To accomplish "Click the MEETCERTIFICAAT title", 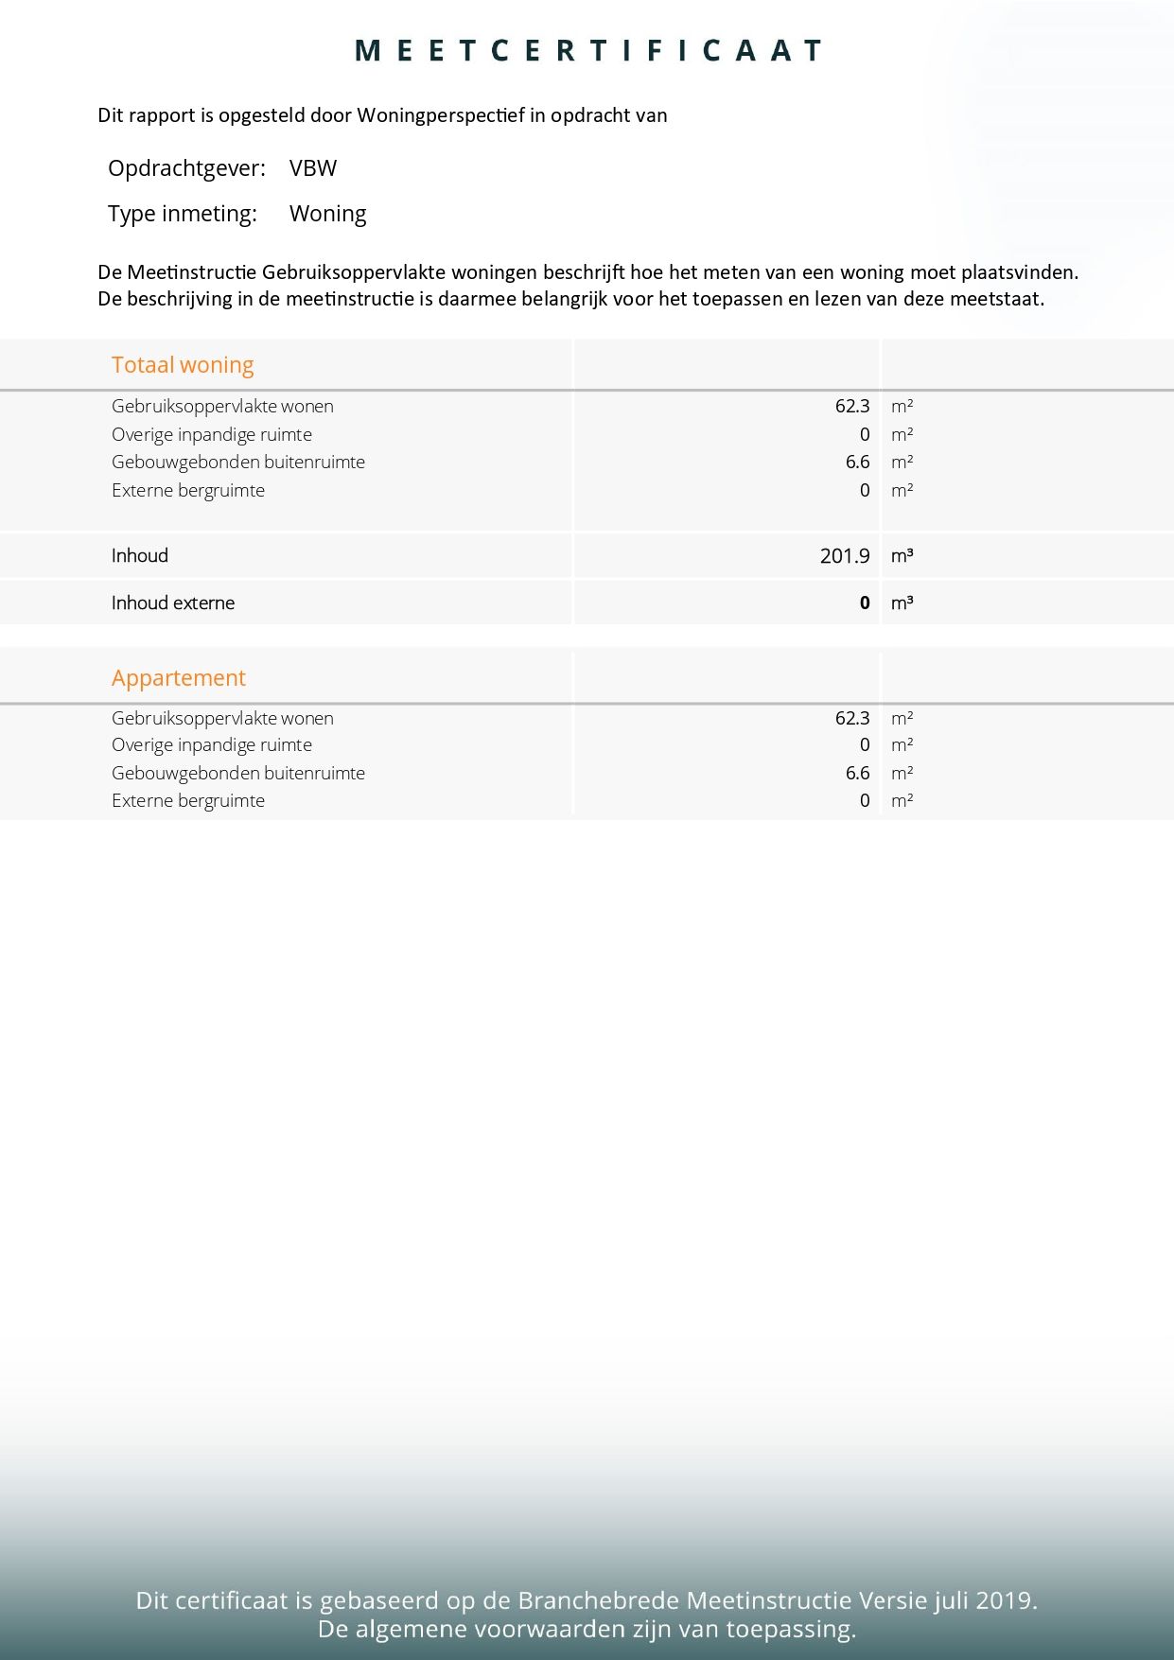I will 587,51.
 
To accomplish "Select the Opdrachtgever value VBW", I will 313,168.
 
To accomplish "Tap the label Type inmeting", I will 183,214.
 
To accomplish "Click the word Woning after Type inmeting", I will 327,214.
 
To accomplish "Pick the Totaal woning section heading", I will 183,365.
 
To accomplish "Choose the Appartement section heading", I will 179,678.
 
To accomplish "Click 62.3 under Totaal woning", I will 851,407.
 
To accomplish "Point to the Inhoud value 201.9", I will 844,556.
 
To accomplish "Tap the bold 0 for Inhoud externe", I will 864,603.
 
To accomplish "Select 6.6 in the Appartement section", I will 857,774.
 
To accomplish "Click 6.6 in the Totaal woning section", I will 857,463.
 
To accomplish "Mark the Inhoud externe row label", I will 173,603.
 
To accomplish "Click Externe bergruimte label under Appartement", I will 188,801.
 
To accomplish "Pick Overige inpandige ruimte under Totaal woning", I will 212,435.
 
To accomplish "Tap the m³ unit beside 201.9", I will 902,556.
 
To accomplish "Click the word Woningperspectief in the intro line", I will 440,115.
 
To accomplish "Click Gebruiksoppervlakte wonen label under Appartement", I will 222,719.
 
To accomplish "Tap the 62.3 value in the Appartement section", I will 851,719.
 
